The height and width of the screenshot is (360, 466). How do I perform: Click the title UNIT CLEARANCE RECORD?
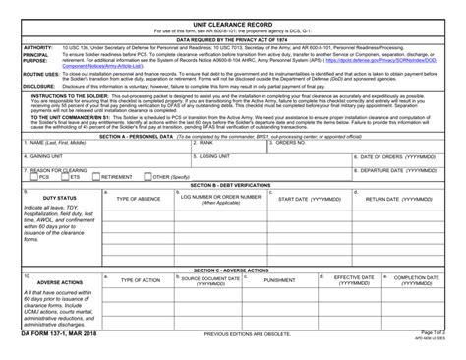233,25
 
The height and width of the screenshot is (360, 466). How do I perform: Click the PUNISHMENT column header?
278,280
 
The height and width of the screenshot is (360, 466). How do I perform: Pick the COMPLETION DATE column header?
416,280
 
